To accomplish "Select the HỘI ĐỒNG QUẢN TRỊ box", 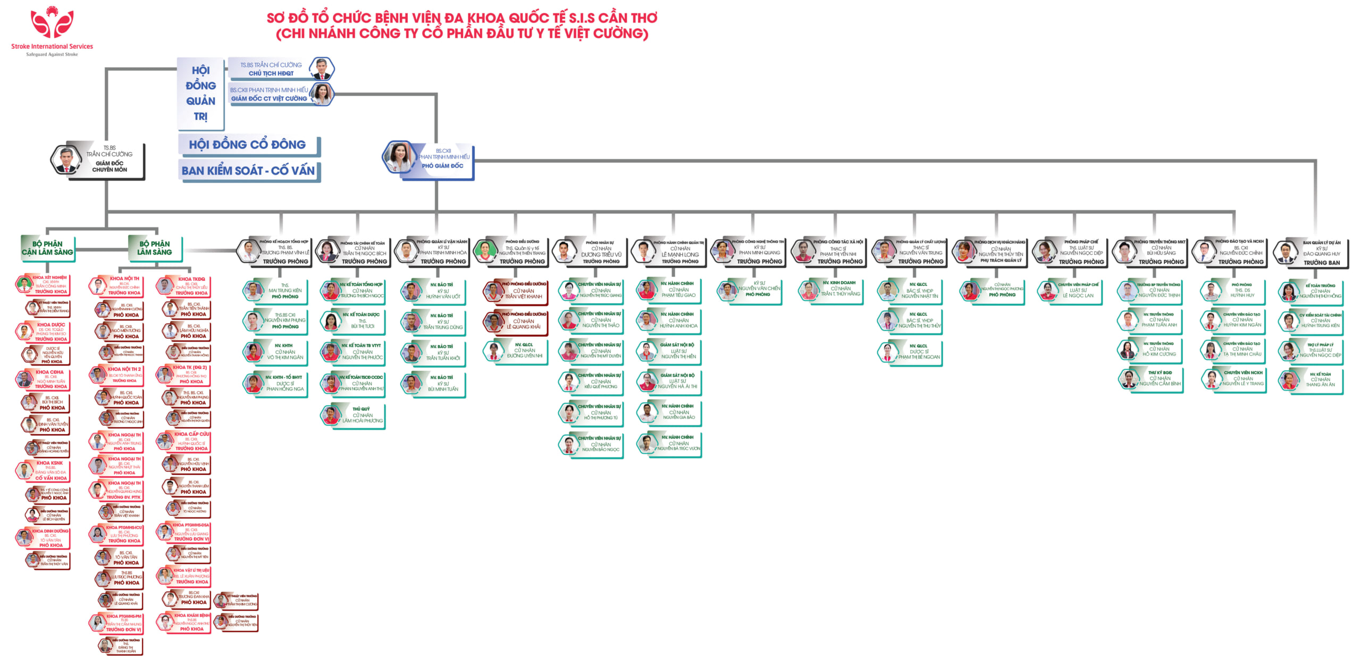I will pos(200,93).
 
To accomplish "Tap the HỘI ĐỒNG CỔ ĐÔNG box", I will pos(248,145).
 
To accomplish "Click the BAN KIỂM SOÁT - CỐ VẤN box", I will pos(248,171).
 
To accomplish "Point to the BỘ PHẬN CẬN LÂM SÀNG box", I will pos(47,248).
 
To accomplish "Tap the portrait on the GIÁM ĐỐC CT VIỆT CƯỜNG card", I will pos(321,94).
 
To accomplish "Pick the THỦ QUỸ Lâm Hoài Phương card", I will pos(353,415).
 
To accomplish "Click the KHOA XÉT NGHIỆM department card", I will pos(45,285).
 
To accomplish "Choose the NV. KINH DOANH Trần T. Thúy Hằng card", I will pos(831,290).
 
